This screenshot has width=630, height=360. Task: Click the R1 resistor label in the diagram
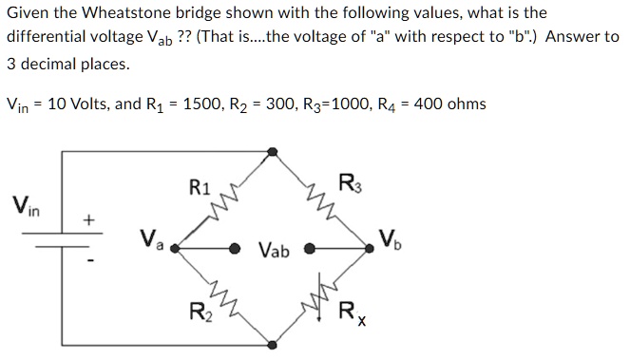click(199, 187)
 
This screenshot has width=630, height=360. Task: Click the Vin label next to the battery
click(26, 204)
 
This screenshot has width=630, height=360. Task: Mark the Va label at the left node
click(152, 238)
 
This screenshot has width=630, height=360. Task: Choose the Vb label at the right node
click(391, 238)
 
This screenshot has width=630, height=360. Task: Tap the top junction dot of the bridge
click(274, 151)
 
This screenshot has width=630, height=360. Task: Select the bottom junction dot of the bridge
click(274, 343)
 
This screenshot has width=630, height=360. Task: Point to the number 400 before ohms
click(430, 104)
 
